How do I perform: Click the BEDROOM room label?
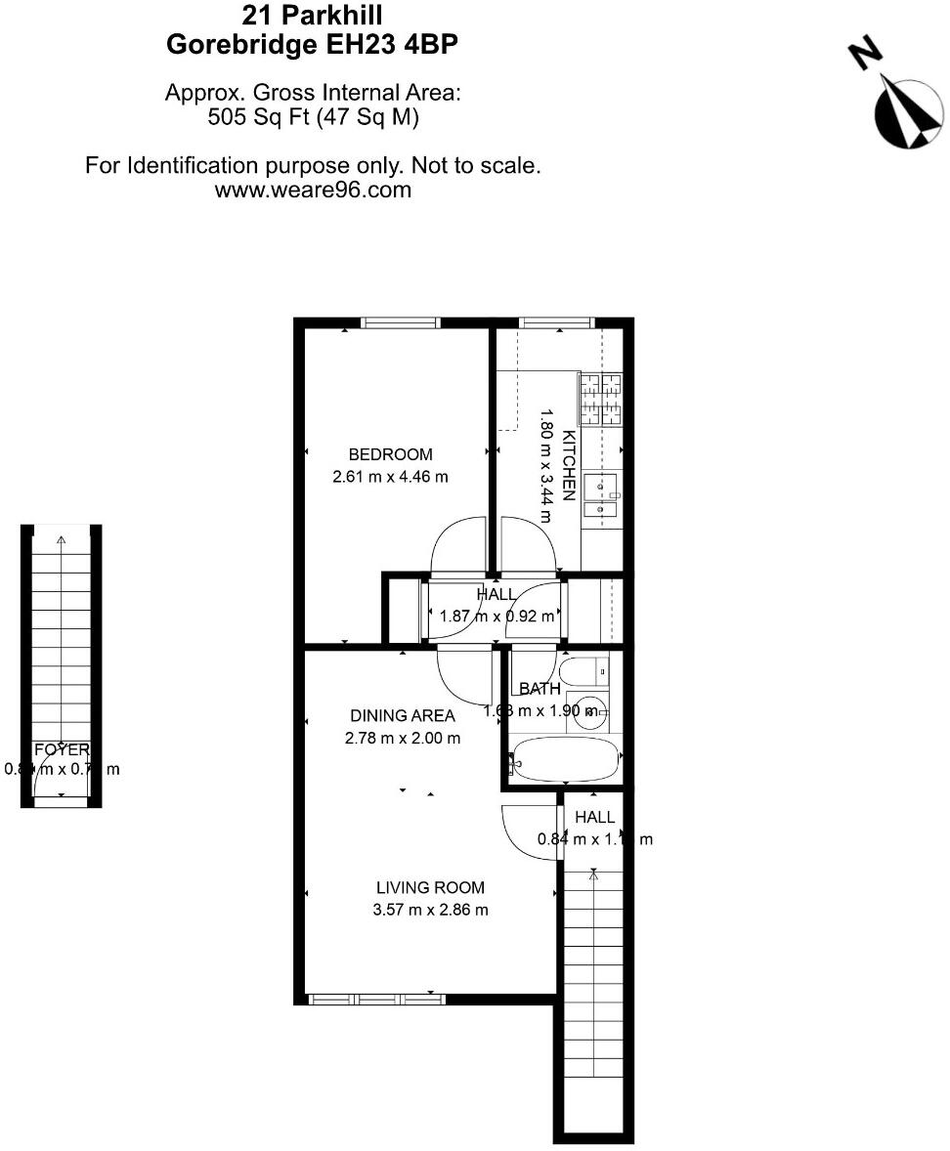click(390, 454)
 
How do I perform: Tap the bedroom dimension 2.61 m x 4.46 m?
click(390, 477)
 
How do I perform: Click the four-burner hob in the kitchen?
click(601, 399)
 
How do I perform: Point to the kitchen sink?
click(600, 494)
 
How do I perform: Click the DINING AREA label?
click(403, 716)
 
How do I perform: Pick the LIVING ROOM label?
click(430, 888)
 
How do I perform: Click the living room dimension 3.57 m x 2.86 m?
click(430, 911)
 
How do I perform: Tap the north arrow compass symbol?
click(906, 112)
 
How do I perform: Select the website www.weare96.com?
click(313, 190)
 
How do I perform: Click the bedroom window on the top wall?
click(399, 322)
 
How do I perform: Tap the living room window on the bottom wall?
click(376, 999)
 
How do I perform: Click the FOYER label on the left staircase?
click(62, 750)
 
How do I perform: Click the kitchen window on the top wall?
click(556, 322)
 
